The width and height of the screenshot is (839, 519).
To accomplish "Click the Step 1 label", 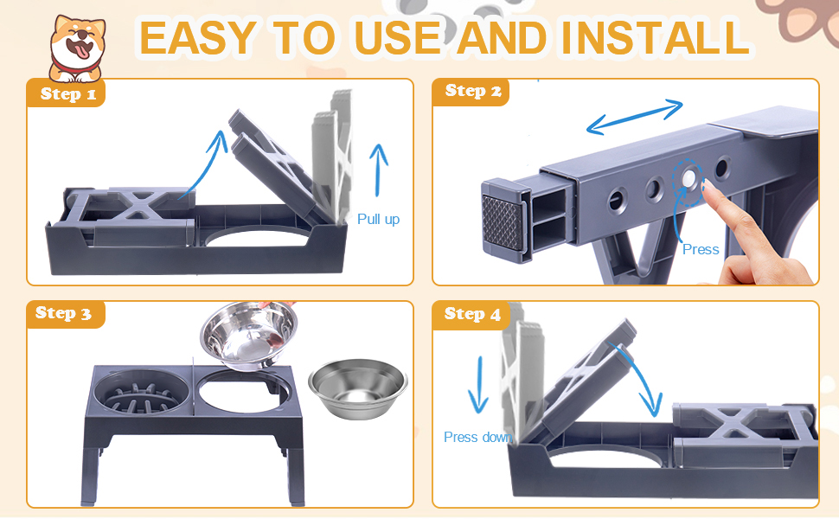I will click(67, 93).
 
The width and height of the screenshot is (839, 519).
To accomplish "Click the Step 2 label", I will click(472, 91).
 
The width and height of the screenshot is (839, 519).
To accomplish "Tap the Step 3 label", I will click(62, 313).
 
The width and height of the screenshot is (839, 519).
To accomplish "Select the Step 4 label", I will click(472, 314).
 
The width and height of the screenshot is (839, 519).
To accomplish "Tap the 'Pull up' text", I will click(378, 220).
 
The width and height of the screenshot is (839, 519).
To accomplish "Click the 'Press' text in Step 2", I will click(700, 249).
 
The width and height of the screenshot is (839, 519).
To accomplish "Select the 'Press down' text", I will click(477, 437).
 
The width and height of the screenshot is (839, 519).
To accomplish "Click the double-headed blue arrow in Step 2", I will click(635, 117).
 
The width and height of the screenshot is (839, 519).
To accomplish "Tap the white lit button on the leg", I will click(690, 177).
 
